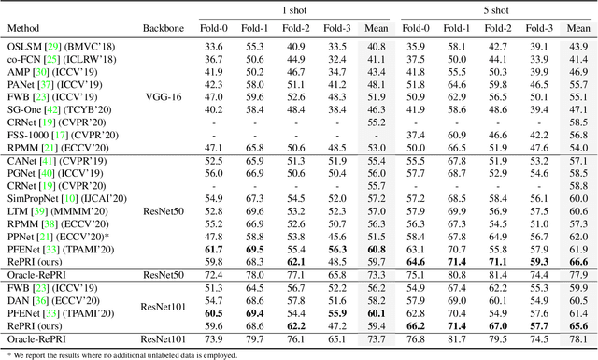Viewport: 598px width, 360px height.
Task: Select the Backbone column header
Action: (x=164, y=29)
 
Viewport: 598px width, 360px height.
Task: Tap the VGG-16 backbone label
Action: (x=164, y=95)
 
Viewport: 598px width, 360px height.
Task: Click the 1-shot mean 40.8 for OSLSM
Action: (x=377, y=46)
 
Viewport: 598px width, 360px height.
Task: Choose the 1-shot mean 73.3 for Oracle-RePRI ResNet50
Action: (x=377, y=275)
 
